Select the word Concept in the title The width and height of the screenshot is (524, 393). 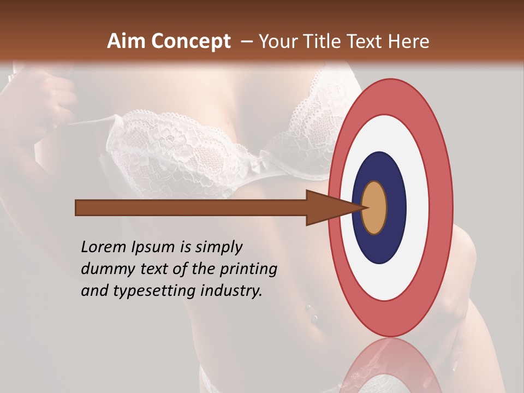click(191, 41)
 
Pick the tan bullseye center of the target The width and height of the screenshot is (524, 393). click(374, 207)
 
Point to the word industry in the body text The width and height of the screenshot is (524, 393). click(231, 291)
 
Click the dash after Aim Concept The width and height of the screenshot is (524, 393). click(247, 41)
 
